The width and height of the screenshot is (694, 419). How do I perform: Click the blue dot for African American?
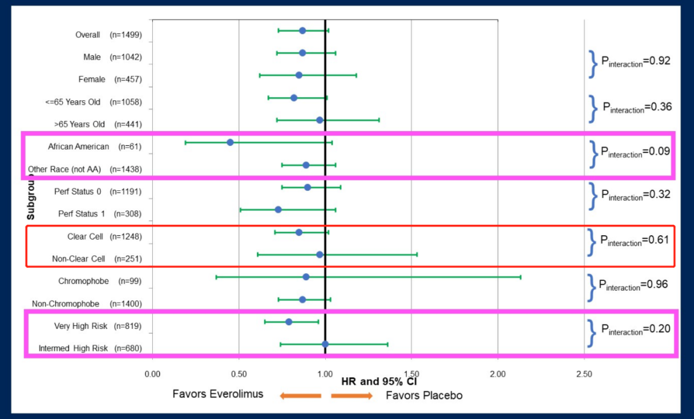click(230, 142)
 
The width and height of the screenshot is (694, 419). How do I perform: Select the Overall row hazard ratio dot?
click(303, 30)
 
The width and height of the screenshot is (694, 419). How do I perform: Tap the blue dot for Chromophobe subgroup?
click(306, 277)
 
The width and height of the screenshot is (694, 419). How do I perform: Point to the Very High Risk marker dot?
click(289, 322)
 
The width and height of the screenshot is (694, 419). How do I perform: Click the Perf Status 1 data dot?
click(278, 209)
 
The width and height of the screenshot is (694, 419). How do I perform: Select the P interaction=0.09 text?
click(635, 152)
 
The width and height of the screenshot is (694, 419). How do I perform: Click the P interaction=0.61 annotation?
click(635, 240)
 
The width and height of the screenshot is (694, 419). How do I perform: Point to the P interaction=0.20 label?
click(635, 329)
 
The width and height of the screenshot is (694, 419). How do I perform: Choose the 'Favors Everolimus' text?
click(218, 394)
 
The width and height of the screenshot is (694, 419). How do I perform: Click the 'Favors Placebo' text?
click(424, 395)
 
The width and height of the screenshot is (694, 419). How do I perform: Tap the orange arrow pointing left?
click(300, 395)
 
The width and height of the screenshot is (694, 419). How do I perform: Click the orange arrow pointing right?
click(351, 395)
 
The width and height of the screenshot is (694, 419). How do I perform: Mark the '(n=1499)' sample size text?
click(126, 35)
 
